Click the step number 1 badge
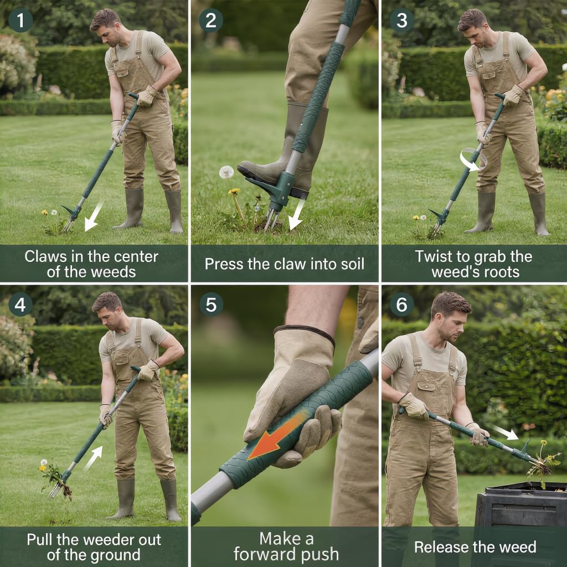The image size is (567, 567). click(x=20, y=20)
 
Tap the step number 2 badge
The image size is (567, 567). click(x=210, y=20)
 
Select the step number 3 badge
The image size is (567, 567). click(x=401, y=20)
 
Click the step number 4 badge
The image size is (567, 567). click(x=20, y=304)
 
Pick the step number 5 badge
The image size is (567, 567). click(x=210, y=304)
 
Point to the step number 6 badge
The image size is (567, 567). click(x=401, y=304)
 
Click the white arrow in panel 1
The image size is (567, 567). click(x=94, y=216)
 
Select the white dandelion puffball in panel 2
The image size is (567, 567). click(x=226, y=172)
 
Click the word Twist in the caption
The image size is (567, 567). click(x=433, y=256)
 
